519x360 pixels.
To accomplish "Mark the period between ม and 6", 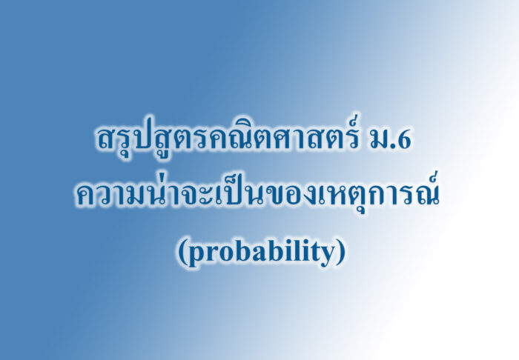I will (393, 147).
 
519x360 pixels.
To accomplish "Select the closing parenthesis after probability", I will (342, 253).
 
